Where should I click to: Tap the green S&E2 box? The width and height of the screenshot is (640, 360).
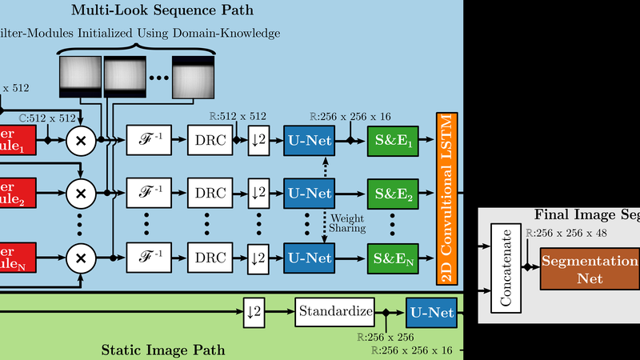[x=392, y=193]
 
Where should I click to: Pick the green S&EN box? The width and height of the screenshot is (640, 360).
[x=392, y=258]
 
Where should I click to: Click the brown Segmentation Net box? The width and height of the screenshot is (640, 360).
[x=590, y=270]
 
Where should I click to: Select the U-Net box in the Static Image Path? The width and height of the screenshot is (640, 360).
[x=430, y=311]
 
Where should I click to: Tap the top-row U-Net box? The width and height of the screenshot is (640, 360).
[x=308, y=140]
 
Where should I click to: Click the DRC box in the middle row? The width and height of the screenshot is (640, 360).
[x=211, y=193]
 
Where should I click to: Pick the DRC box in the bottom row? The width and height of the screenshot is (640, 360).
[x=211, y=258]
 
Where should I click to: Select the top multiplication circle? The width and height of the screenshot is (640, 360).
[x=80, y=140]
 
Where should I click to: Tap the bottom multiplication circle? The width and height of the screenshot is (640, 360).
[x=80, y=258]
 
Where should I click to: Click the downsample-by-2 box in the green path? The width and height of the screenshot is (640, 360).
[x=254, y=310]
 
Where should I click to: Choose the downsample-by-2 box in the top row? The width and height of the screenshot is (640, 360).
[x=258, y=140]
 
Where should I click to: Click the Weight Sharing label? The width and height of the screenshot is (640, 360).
[x=347, y=222]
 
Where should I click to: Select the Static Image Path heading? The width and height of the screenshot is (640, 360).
[x=163, y=350]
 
